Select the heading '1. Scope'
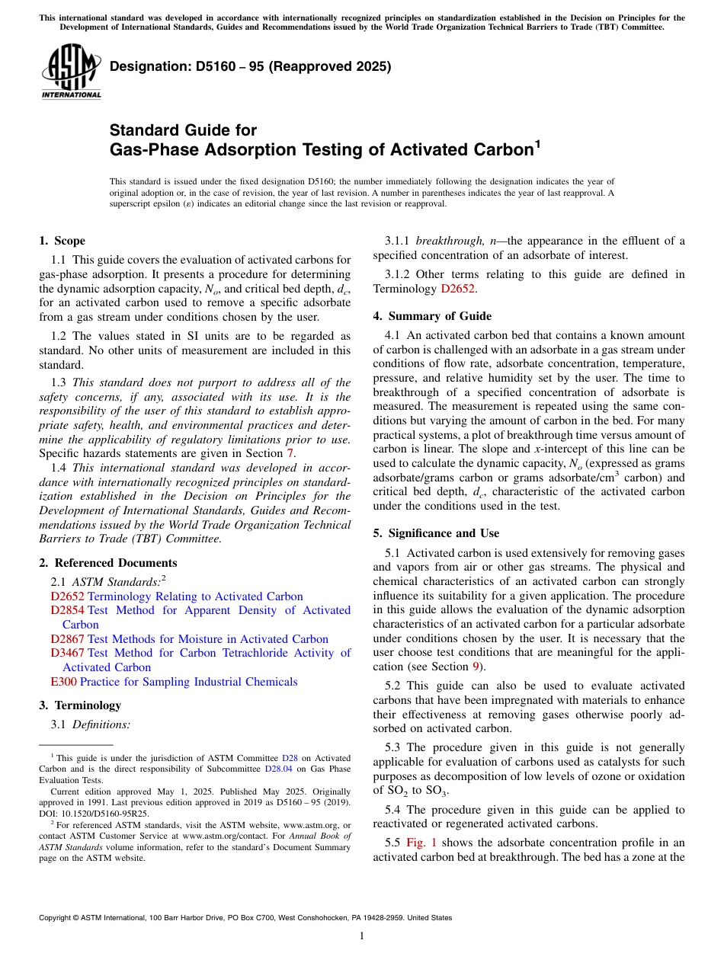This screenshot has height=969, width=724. (x=62, y=241)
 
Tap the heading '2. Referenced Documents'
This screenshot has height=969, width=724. (x=107, y=563)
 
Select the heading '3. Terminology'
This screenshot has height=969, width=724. (x=80, y=705)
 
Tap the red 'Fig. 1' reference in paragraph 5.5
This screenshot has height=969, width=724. (x=421, y=843)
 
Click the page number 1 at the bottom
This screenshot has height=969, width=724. (x=362, y=936)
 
